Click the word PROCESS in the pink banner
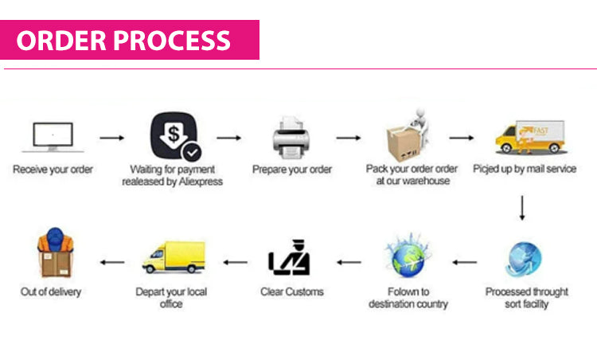click(176, 40)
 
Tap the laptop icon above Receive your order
click(53, 137)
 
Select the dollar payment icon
click(174, 138)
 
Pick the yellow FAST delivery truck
click(529, 137)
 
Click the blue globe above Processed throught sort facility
click(523, 259)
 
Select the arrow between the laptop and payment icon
click(111, 138)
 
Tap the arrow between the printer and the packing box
click(348, 138)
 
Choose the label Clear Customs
click(292, 292)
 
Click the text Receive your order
click(53, 170)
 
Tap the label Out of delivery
click(51, 292)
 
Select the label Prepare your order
click(292, 170)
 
